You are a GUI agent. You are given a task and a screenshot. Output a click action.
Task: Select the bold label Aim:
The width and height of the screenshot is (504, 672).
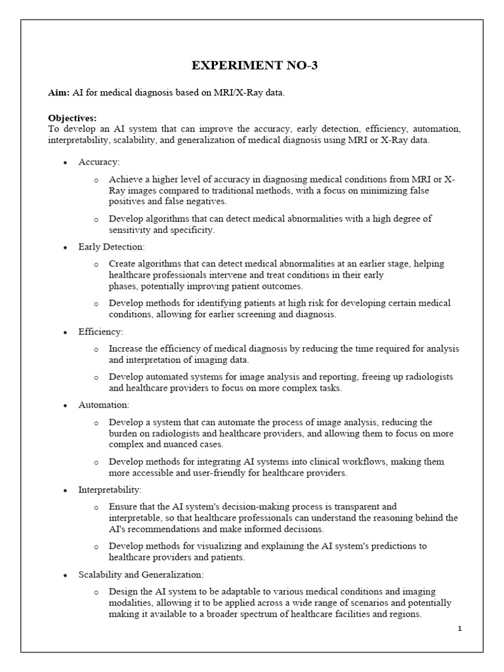59,93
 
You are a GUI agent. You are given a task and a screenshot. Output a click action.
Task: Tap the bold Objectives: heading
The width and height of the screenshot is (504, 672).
72,118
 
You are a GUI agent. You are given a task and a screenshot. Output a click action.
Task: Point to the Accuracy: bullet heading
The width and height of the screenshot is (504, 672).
99,161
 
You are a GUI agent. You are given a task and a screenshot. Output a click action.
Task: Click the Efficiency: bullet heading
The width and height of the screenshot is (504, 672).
100,332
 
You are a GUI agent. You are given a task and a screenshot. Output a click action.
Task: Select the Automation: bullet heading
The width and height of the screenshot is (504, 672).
104,405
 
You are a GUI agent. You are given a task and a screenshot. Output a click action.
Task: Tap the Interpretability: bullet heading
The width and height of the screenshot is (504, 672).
110,490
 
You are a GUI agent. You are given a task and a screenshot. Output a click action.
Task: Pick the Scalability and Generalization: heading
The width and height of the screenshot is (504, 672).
140,575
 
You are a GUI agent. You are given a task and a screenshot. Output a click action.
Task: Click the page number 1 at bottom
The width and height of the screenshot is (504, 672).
460,629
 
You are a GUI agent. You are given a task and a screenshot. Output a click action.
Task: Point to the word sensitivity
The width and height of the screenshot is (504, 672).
131,230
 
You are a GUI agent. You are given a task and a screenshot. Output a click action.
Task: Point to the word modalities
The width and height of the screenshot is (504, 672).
131,603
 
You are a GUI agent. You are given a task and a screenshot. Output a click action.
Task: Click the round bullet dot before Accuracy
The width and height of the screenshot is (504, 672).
66,162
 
